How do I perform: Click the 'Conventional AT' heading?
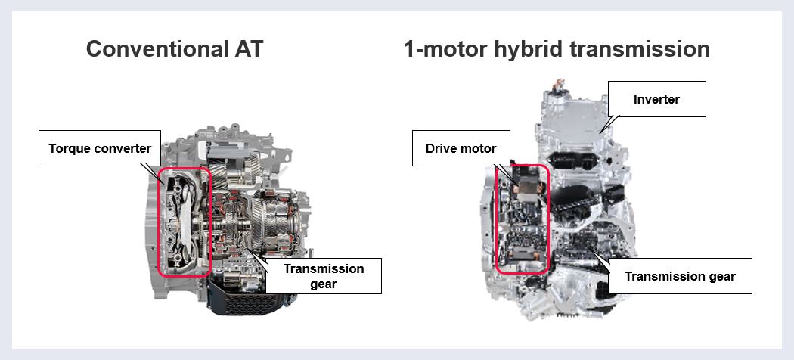(175, 50)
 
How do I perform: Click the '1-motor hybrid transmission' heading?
(557, 50)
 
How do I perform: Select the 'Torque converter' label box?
(100, 148)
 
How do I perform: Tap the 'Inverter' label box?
(657, 99)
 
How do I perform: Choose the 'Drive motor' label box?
(461, 148)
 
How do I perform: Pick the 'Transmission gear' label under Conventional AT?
(324, 276)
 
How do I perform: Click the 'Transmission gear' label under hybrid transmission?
(680, 276)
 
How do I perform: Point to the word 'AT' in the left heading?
(247, 50)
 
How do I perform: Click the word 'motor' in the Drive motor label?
(479, 148)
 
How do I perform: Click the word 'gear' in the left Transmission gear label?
(324, 284)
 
